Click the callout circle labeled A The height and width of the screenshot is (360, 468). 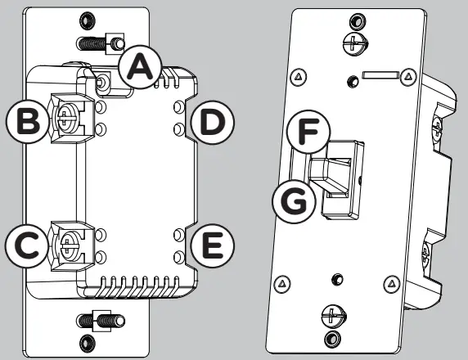coord(139,69)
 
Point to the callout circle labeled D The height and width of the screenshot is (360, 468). coord(211,123)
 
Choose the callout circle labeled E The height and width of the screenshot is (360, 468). coord(211,244)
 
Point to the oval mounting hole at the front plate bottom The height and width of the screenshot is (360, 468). coord(331,338)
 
